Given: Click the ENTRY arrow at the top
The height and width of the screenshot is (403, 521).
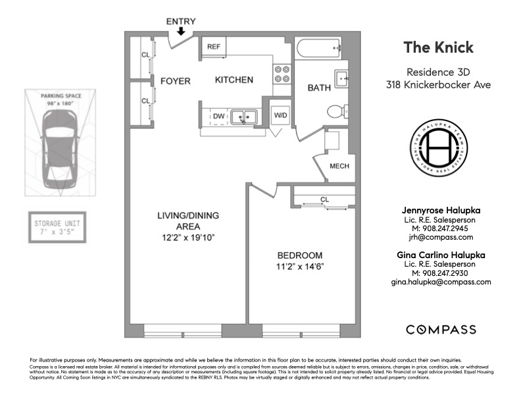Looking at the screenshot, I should [x=181, y=31].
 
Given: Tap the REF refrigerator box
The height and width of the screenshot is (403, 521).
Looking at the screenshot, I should [x=214, y=47].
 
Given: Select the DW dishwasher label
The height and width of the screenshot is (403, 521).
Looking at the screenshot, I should [x=218, y=117].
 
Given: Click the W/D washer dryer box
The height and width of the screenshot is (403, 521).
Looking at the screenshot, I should [x=281, y=115].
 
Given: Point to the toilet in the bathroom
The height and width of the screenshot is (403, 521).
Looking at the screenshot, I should [x=337, y=111].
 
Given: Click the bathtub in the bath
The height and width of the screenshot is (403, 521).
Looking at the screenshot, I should [x=319, y=47].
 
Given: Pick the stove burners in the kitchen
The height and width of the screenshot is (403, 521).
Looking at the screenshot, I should [x=283, y=74].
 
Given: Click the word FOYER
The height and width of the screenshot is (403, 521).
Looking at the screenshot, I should [x=175, y=81].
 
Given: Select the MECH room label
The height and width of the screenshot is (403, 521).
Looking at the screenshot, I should [x=339, y=166].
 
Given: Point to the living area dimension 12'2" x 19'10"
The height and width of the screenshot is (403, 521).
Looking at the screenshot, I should [x=188, y=237].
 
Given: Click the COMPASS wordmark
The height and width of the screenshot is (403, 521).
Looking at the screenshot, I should [x=440, y=329].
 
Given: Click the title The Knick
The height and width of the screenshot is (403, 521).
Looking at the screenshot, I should [x=438, y=47].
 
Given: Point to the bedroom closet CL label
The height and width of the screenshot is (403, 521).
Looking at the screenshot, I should [x=324, y=199].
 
